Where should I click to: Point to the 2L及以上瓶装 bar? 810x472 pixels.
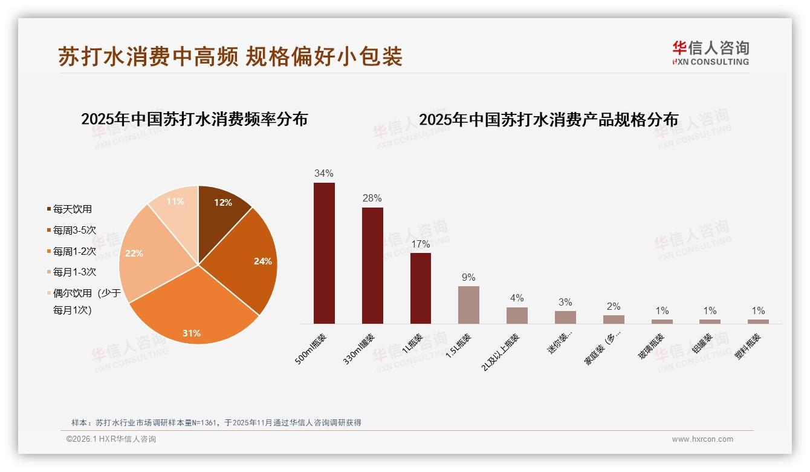(x=517, y=315)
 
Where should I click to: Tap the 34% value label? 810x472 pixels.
(x=323, y=174)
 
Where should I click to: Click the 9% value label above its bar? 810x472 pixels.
(x=468, y=278)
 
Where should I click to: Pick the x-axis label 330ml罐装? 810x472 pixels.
(x=359, y=349)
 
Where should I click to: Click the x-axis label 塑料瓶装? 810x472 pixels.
(x=748, y=346)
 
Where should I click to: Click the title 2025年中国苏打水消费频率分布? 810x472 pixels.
(x=195, y=119)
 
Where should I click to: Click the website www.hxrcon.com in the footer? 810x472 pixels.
(x=702, y=439)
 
